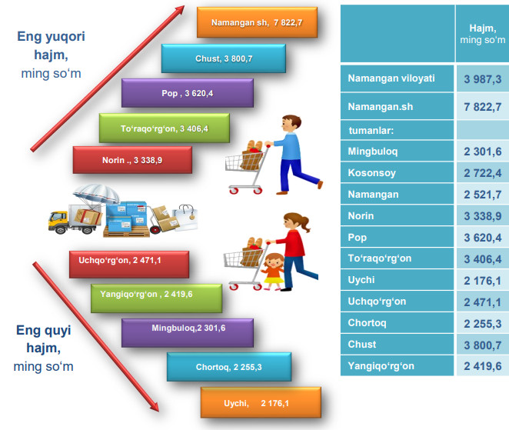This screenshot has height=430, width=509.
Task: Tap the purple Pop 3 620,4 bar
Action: [x=187, y=92]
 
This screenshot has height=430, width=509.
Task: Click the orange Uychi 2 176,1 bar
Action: [x=258, y=402]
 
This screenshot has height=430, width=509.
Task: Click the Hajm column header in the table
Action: [x=481, y=35]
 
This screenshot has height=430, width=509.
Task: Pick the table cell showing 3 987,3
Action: [x=481, y=78]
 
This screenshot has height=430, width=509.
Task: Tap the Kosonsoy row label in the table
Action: [x=373, y=173]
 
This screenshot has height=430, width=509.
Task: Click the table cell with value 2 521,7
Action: [x=481, y=195]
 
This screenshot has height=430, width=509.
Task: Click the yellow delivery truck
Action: [x=66, y=221]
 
